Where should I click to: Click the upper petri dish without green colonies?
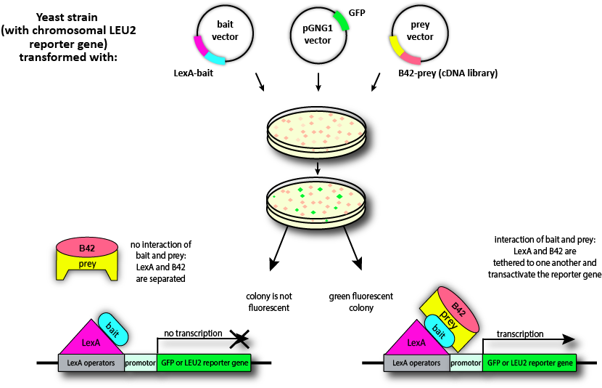(317, 132)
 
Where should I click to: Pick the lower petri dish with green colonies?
(317, 200)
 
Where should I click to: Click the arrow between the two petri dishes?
(317, 168)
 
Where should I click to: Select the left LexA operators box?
(91, 362)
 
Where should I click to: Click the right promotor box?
(466, 362)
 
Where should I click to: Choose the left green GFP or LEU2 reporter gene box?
(204, 362)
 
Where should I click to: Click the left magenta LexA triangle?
(90, 336)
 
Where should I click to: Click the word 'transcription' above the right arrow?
(520, 334)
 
